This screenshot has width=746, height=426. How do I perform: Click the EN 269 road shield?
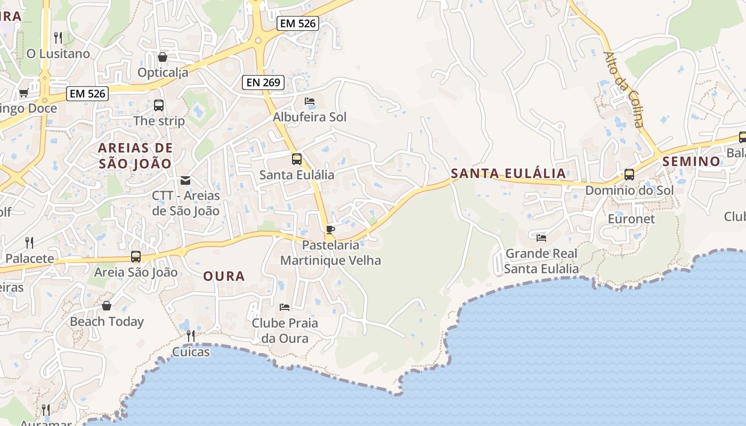(263, 83)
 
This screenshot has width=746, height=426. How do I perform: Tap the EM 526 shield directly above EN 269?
(298, 23)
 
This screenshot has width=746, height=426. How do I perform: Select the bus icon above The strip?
(159, 105)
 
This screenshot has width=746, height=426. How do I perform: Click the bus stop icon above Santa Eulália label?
(297, 159)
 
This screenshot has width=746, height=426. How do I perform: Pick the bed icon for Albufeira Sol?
(310, 101)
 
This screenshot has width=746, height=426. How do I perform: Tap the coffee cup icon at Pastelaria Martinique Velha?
(330, 230)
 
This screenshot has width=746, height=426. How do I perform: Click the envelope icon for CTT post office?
(185, 181)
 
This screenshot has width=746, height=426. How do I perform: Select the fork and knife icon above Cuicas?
(190, 336)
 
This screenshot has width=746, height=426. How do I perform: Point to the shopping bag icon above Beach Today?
(107, 306)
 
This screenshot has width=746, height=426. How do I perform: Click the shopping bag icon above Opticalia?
(163, 57)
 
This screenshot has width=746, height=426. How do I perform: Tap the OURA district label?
(224, 276)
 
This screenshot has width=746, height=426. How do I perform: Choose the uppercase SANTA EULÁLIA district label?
(508, 174)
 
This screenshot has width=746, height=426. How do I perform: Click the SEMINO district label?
(691, 161)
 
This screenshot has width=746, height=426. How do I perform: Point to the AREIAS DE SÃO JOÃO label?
(135, 155)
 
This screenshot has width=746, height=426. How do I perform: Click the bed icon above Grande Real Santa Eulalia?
(541, 237)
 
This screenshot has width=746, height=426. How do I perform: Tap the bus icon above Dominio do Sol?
(629, 175)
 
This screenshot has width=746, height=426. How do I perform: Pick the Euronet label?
(631, 219)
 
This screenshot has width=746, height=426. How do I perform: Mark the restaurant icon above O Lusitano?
(58, 38)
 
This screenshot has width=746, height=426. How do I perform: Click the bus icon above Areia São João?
(136, 257)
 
